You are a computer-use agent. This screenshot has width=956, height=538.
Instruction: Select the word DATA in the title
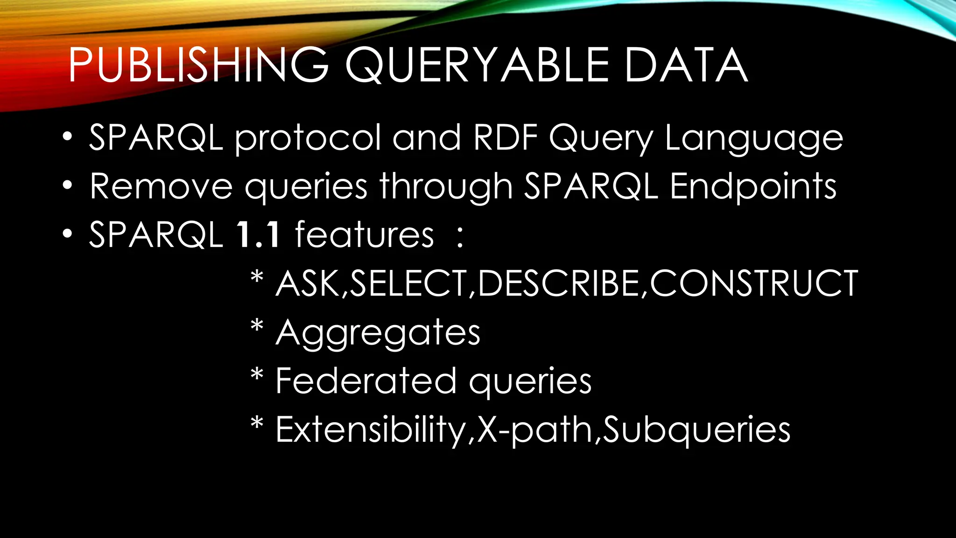click(x=686, y=65)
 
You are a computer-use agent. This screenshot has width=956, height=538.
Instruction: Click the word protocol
click(x=308, y=138)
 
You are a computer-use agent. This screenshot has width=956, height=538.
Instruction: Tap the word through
click(x=446, y=187)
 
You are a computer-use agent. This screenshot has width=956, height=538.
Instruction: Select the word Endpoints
click(x=753, y=187)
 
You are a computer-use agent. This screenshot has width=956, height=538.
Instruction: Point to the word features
click(x=365, y=234)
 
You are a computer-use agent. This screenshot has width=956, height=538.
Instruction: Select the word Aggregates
click(x=378, y=333)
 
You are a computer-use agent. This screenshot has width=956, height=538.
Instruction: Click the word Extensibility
click(x=372, y=430)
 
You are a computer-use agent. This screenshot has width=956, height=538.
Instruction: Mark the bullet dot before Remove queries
click(x=68, y=186)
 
